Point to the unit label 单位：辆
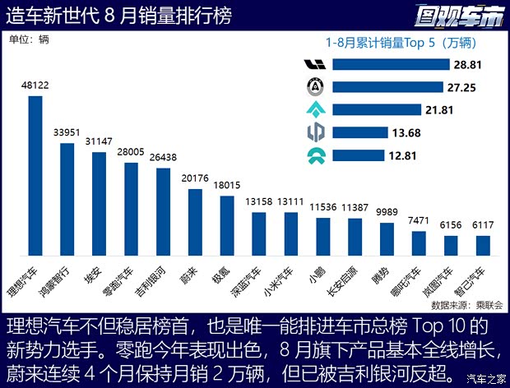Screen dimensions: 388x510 tap(29, 36)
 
